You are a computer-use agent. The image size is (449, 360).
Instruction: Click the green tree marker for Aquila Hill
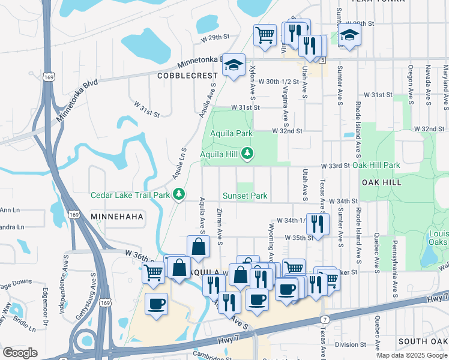tap(247, 154)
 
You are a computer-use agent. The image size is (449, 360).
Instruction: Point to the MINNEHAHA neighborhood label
tap(115, 215)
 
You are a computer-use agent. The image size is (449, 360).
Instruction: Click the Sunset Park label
tap(245, 196)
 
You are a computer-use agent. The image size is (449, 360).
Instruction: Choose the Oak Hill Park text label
tap(376, 165)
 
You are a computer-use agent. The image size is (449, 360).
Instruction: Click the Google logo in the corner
tap(20, 353)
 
